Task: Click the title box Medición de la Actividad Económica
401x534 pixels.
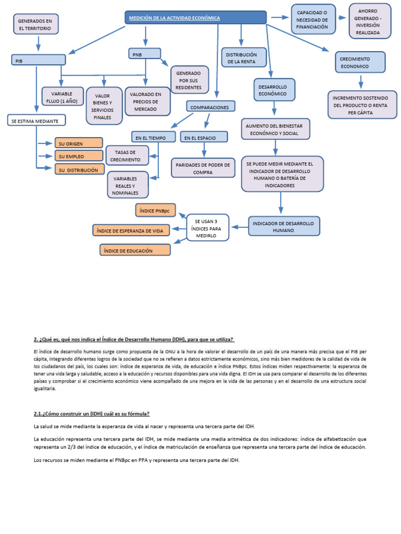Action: (x=196, y=18)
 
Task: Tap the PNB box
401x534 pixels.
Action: (x=145, y=53)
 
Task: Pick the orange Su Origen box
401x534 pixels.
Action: (x=78, y=143)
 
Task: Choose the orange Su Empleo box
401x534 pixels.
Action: (x=78, y=156)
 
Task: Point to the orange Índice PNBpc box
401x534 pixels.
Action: (x=156, y=211)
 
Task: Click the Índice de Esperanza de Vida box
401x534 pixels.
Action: (x=132, y=230)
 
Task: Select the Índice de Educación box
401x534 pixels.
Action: (x=135, y=250)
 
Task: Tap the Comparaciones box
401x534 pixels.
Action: (x=210, y=106)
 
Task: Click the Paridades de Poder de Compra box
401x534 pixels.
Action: (x=203, y=168)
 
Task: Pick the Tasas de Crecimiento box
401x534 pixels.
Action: (x=127, y=155)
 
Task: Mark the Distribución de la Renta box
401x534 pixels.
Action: (x=244, y=57)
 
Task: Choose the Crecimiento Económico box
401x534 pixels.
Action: (x=360, y=63)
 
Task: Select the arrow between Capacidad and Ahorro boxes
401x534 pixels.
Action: (x=341, y=18)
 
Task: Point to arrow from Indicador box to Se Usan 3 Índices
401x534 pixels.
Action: (x=239, y=227)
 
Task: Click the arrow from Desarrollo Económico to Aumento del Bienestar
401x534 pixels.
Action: (x=274, y=108)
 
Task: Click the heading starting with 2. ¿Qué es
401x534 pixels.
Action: (x=134, y=339)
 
